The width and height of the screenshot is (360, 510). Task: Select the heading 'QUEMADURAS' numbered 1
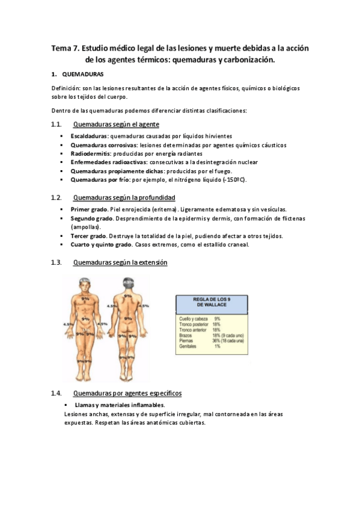(83, 75)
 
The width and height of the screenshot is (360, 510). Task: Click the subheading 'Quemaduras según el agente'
(116, 125)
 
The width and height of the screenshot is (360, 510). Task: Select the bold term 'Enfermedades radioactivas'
(106, 162)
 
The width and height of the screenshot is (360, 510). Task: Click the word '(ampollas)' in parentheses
(84, 227)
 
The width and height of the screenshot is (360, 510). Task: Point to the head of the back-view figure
(127, 283)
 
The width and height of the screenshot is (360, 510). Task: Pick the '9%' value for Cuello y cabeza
(217, 318)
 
